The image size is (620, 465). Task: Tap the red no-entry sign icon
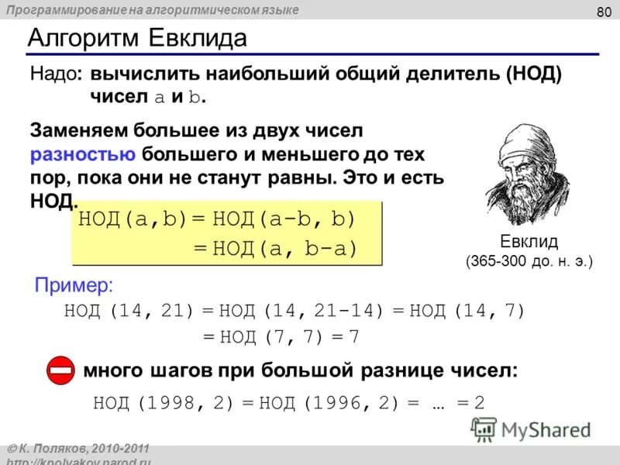click(59, 370)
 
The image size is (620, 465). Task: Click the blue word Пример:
click(74, 285)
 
